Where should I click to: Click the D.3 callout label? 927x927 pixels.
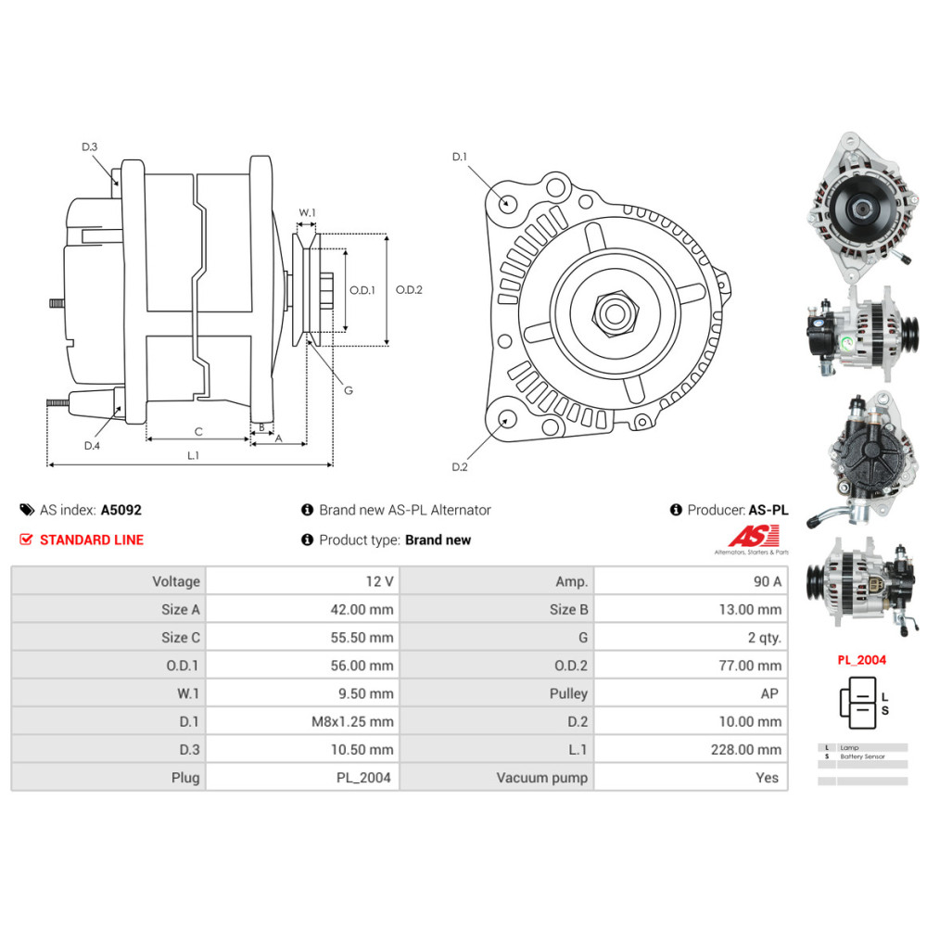(x=89, y=146)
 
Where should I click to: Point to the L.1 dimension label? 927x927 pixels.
(x=194, y=454)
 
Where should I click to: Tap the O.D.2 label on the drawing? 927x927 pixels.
(x=409, y=289)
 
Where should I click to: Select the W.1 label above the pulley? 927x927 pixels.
(x=307, y=213)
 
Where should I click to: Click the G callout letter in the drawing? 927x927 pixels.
(x=349, y=390)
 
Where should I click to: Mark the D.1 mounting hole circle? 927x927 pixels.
(x=507, y=203)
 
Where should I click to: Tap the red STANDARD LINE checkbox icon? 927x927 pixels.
(x=26, y=540)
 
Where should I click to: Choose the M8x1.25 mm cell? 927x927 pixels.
(x=351, y=721)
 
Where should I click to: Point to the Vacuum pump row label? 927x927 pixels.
(x=541, y=777)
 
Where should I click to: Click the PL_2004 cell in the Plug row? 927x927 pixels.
(x=365, y=777)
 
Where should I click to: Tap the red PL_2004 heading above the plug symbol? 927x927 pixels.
(x=860, y=660)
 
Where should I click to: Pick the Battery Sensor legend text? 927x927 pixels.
(x=862, y=756)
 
